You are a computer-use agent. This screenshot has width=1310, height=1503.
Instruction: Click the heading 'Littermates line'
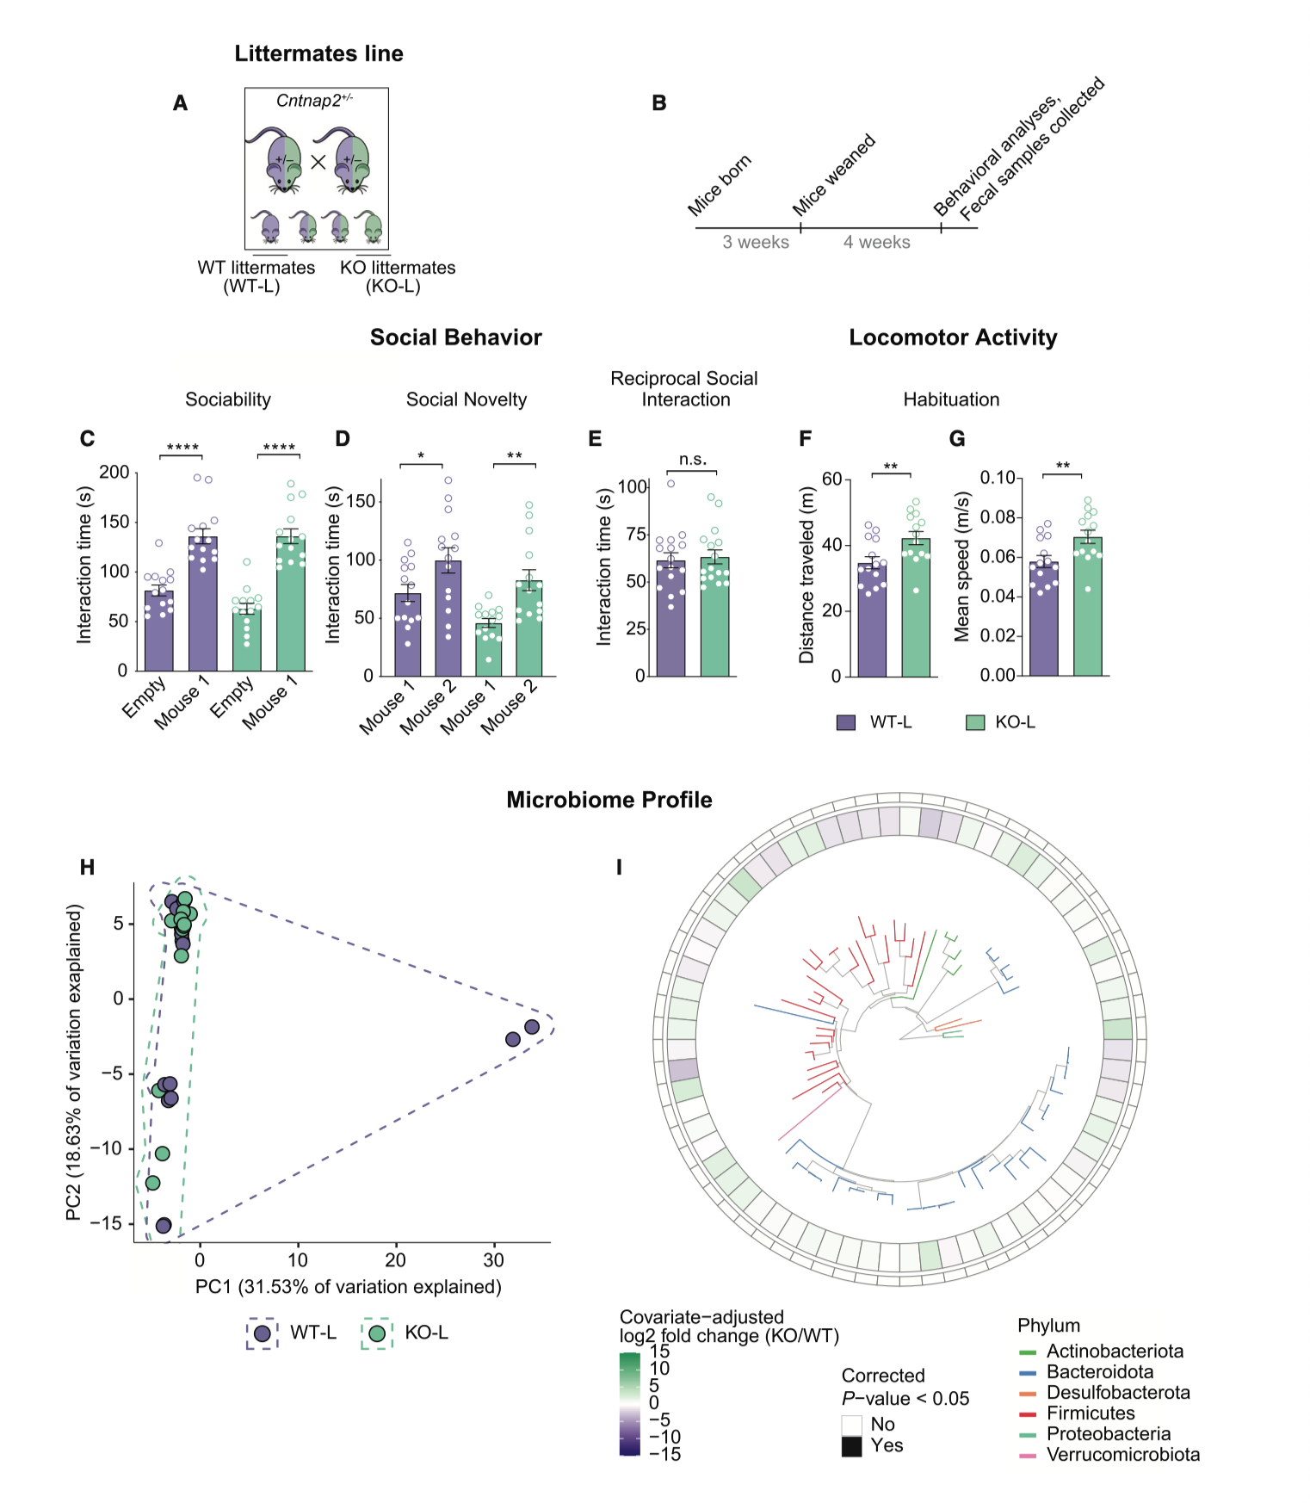click(318, 54)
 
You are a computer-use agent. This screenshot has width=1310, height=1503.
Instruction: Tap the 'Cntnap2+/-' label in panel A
click(314, 101)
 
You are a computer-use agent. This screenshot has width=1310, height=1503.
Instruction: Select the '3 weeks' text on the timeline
click(756, 243)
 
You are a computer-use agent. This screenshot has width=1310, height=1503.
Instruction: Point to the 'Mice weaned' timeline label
click(833, 175)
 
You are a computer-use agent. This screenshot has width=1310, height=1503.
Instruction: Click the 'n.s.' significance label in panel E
click(692, 460)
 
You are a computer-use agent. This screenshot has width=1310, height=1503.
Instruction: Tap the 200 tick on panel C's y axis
click(114, 473)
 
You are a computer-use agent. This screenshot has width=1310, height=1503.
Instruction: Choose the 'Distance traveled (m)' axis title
click(806, 575)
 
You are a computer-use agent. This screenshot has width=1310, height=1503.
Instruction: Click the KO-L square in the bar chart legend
click(975, 723)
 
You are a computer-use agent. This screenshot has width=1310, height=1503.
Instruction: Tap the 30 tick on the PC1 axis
click(493, 1260)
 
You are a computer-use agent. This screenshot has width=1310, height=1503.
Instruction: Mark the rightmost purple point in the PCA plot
click(532, 1027)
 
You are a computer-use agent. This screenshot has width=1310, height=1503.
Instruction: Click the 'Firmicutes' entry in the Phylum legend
click(1091, 1413)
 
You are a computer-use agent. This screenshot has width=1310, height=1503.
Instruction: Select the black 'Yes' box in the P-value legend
click(851, 1446)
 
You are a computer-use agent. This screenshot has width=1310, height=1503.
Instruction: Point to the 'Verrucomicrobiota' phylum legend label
click(1122, 1455)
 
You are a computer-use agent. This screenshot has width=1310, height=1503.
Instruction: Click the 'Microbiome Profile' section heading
click(609, 801)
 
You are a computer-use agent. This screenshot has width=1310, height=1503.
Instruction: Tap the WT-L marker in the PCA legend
click(263, 1333)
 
